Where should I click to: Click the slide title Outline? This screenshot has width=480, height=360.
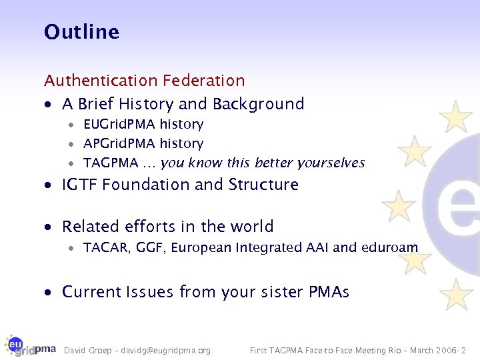click(81, 32)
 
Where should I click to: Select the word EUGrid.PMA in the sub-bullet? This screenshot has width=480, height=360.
click(119, 125)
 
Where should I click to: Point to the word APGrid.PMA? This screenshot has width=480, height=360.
click(119, 144)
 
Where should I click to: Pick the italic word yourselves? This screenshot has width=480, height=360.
click(331, 163)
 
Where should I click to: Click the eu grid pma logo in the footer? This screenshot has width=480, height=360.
click(30, 345)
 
